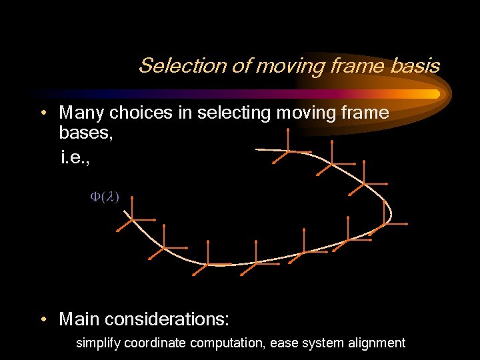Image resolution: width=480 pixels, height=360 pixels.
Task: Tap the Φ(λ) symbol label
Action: [105, 197]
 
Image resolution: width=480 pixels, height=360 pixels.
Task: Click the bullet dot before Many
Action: [43, 113]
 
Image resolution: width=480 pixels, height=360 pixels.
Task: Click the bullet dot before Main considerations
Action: [43, 319]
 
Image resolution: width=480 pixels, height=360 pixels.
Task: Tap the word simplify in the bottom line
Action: [98, 343]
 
